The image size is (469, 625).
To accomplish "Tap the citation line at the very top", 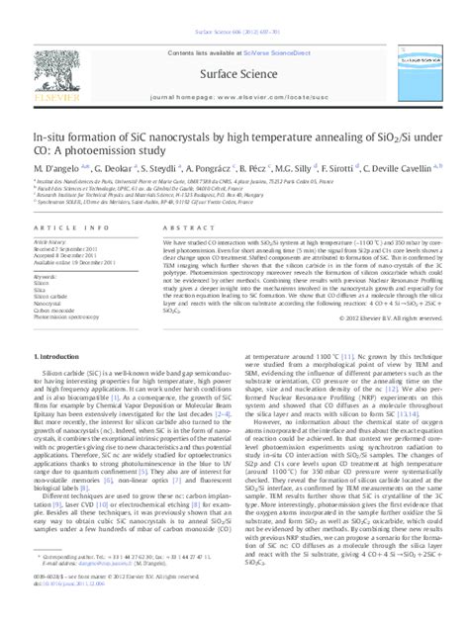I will tap(234, 6).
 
